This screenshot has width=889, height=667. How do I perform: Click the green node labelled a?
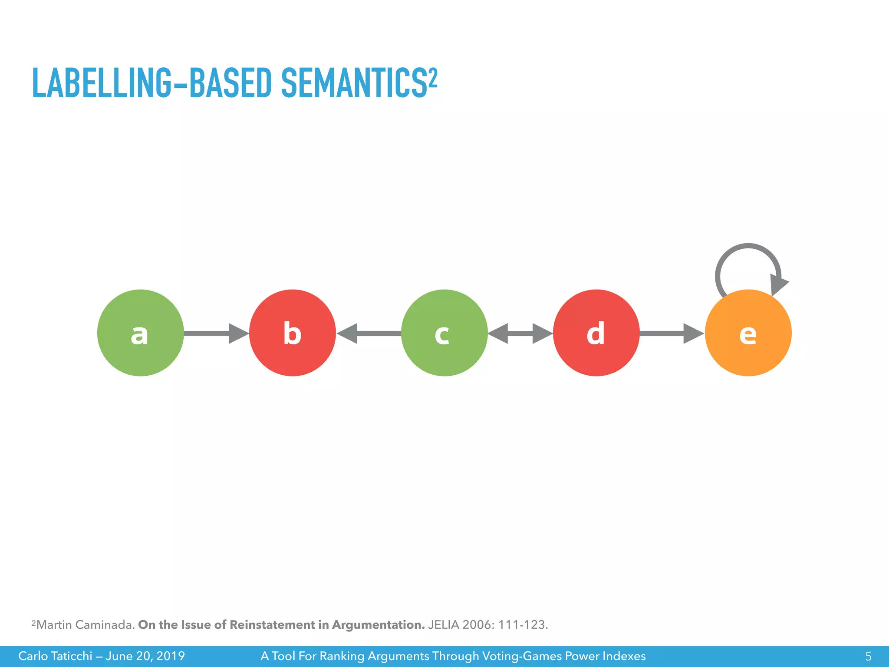point(140,333)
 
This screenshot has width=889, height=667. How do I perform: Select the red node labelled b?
point(292,333)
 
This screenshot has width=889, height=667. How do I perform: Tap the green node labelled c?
point(444,333)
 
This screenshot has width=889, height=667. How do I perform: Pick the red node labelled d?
point(596,333)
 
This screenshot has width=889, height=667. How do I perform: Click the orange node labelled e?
point(748,333)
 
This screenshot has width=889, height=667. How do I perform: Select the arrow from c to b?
point(369,333)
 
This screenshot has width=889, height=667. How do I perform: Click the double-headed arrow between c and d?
point(520,333)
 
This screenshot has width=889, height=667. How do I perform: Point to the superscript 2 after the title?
point(433,77)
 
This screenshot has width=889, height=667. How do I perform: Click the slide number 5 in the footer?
point(868,656)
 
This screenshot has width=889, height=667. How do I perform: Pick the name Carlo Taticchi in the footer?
point(55,656)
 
